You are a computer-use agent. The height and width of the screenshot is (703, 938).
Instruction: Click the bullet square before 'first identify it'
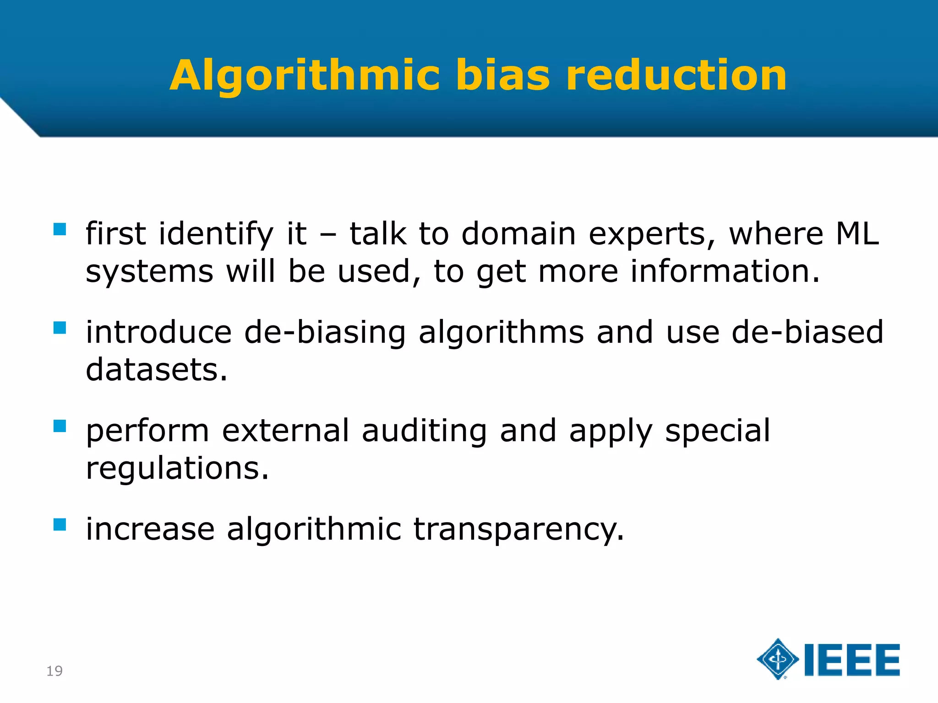click(x=60, y=229)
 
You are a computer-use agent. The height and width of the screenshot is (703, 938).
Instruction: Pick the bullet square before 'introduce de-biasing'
click(x=60, y=328)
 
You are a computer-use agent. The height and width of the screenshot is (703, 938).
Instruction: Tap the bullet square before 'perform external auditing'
click(x=60, y=426)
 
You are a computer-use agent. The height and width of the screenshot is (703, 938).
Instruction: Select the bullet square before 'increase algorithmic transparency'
click(x=60, y=525)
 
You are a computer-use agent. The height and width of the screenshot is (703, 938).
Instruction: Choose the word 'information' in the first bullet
click(x=725, y=271)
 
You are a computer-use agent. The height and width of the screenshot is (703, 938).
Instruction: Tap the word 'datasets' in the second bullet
click(x=156, y=370)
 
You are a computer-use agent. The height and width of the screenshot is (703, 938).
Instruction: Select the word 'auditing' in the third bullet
click(x=424, y=432)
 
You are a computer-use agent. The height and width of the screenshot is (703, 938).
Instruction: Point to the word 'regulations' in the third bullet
click(x=177, y=469)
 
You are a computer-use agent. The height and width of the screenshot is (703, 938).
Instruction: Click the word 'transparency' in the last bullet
click(x=518, y=530)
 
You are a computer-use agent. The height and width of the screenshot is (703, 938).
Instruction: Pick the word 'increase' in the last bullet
click(x=150, y=529)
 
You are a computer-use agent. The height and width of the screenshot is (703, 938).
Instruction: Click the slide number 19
click(x=55, y=671)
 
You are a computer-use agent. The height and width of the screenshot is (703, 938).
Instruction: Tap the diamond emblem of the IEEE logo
click(x=778, y=659)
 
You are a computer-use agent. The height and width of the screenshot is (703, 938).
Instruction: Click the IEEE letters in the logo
click(x=852, y=660)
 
